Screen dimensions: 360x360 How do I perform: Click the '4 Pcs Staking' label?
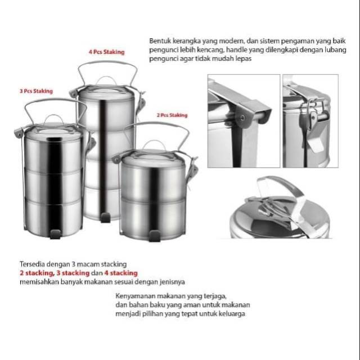106,52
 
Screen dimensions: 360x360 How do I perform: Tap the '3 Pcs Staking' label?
35,91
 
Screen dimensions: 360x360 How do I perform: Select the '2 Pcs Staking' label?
172,115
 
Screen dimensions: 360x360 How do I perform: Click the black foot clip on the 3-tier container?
55,233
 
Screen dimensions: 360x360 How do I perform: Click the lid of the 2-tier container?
153,159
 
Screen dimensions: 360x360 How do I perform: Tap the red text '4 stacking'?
121,273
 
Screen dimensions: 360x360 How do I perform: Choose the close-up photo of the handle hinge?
244,121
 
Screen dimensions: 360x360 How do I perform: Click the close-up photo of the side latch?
310,121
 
